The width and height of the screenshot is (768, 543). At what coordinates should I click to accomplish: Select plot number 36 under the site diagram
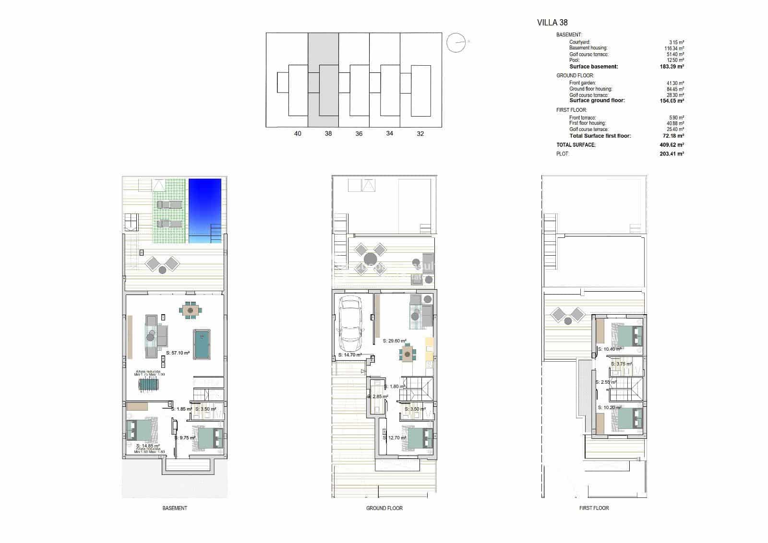[359, 134]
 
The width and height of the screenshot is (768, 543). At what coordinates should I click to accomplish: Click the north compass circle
[456, 43]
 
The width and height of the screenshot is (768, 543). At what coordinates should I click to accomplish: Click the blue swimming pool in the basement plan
[205, 210]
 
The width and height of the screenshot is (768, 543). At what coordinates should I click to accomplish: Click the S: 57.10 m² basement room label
[178, 353]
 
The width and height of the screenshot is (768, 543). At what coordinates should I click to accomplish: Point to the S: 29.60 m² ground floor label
[395, 341]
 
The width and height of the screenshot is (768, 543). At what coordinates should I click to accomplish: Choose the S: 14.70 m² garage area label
[350, 355]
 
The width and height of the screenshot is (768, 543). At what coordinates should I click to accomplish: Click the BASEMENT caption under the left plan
[175, 508]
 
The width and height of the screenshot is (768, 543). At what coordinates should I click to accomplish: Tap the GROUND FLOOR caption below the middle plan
[384, 508]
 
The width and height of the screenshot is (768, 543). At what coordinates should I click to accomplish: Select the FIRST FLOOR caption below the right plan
[594, 508]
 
